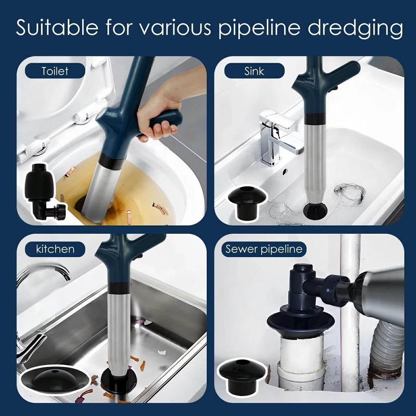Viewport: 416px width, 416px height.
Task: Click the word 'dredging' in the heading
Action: (355, 28)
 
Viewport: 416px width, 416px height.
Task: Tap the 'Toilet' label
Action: (55, 71)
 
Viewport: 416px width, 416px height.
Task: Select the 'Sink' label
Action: (254, 71)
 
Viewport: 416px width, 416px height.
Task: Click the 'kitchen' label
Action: (55, 249)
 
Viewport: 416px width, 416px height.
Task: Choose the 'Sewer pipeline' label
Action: (264, 249)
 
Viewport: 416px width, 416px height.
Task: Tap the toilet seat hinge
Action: (83, 118)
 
